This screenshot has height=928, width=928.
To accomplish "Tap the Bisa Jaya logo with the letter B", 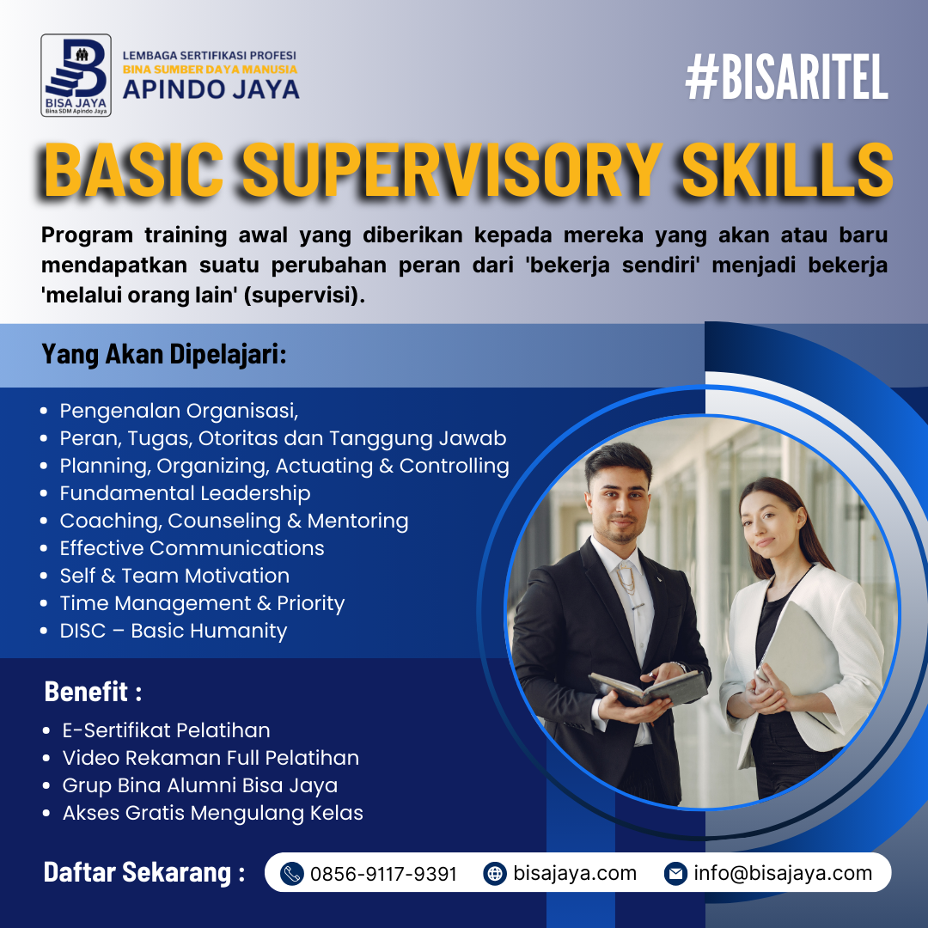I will [76, 76].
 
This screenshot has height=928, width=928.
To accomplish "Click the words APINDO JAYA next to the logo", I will [211, 89].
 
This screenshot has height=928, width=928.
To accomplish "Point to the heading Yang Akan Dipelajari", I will [164, 354].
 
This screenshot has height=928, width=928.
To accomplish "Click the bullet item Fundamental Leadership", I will [185, 493].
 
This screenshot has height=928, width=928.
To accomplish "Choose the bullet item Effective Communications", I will [192, 548].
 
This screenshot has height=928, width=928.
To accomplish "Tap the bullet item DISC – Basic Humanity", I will [173, 631].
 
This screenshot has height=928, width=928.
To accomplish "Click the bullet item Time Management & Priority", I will [202, 603].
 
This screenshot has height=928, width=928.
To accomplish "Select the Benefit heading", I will [93, 691].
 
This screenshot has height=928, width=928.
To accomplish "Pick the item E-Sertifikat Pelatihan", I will [166, 730].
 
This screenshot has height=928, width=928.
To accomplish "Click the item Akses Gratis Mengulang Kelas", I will [212, 813].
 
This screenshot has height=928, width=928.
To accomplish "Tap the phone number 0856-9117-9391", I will [383, 874].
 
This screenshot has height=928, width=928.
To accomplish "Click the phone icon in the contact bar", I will [293, 874].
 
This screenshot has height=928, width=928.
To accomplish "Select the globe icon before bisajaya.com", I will [495, 874].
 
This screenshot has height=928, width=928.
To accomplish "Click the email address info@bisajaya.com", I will [783, 874].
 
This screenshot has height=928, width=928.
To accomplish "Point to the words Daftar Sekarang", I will [143, 872].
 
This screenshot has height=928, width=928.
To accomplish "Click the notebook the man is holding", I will [649, 688].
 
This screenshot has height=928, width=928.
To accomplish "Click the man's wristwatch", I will [681, 667].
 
